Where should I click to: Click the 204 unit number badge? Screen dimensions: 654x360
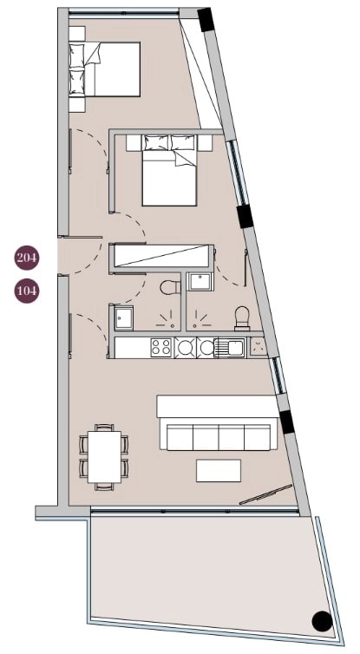(x=27, y=257)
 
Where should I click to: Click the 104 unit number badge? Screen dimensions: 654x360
(x=27, y=291)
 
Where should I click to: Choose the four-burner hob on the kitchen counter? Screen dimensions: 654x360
(x=161, y=348)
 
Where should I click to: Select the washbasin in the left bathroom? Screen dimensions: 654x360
(x=122, y=317)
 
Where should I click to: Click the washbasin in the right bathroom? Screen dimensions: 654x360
(x=200, y=280)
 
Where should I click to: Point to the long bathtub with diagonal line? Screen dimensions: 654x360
(x=163, y=257)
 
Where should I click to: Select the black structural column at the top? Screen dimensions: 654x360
(x=206, y=19)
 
